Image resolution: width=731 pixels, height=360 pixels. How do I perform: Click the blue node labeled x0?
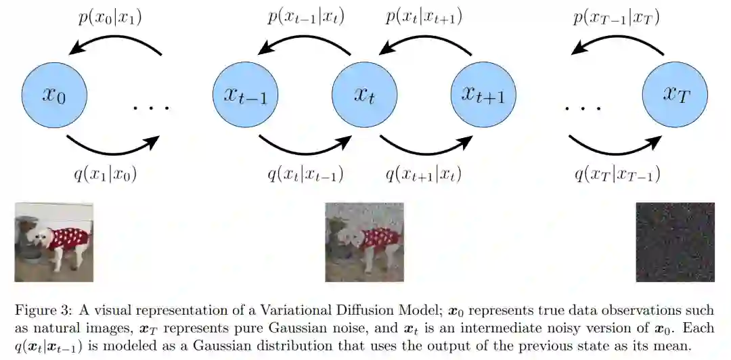tap(53, 95)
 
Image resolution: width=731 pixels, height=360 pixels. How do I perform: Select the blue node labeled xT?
tap(675, 95)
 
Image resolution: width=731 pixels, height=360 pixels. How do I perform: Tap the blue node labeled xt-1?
tap(245, 95)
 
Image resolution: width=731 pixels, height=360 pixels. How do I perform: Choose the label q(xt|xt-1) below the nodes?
tap(305, 175)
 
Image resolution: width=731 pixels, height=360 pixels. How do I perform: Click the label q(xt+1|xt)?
tap(424, 175)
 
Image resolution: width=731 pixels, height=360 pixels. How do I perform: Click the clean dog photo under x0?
tap(53, 242)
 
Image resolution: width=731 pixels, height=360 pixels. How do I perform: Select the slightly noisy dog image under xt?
tap(364, 242)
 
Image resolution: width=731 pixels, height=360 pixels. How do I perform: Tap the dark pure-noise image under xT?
tap(675, 242)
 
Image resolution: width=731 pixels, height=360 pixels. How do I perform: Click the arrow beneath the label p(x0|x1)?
tap(113, 45)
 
